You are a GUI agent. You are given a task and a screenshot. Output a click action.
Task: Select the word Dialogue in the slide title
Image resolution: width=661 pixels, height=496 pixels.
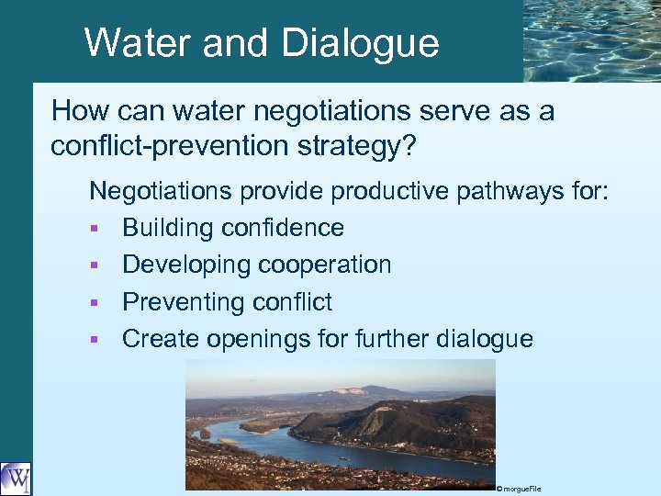(x=360, y=42)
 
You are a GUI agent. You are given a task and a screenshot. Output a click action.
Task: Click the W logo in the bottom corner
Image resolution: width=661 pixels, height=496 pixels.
(x=16, y=479)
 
